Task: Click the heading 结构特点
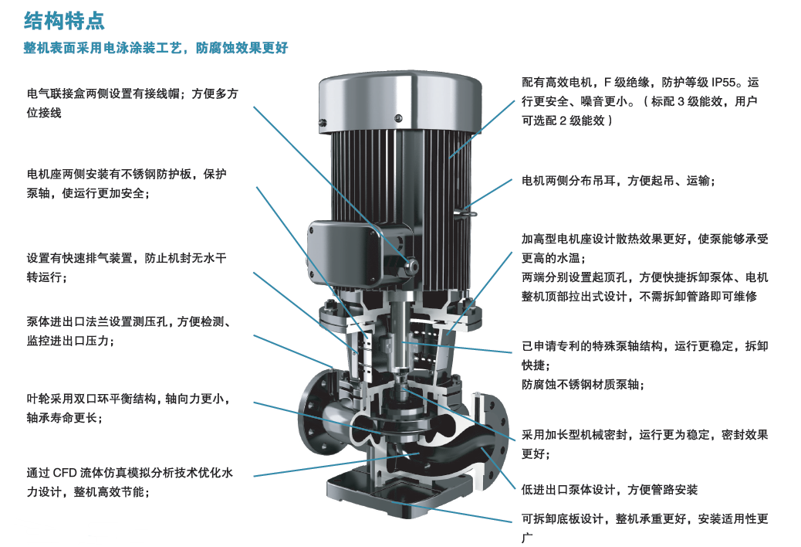tap(64, 21)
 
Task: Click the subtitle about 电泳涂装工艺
tap(156, 48)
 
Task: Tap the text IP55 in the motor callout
tap(724, 83)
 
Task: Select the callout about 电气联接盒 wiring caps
tap(132, 104)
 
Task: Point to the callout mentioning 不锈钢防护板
tap(127, 184)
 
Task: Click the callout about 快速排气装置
tap(127, 267)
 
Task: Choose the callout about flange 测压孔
tap(129, 331)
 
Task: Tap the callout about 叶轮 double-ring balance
tap(128, 408)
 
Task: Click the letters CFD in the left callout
tap(64, 473)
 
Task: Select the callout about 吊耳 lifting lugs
tap(618, 181)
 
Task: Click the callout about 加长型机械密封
tap(644, 444)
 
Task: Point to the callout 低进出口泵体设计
tap(610, 490)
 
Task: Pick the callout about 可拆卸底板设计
tap(644, 528)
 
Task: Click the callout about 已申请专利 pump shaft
tap(644, 365)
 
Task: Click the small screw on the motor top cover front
tap(398, 119)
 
